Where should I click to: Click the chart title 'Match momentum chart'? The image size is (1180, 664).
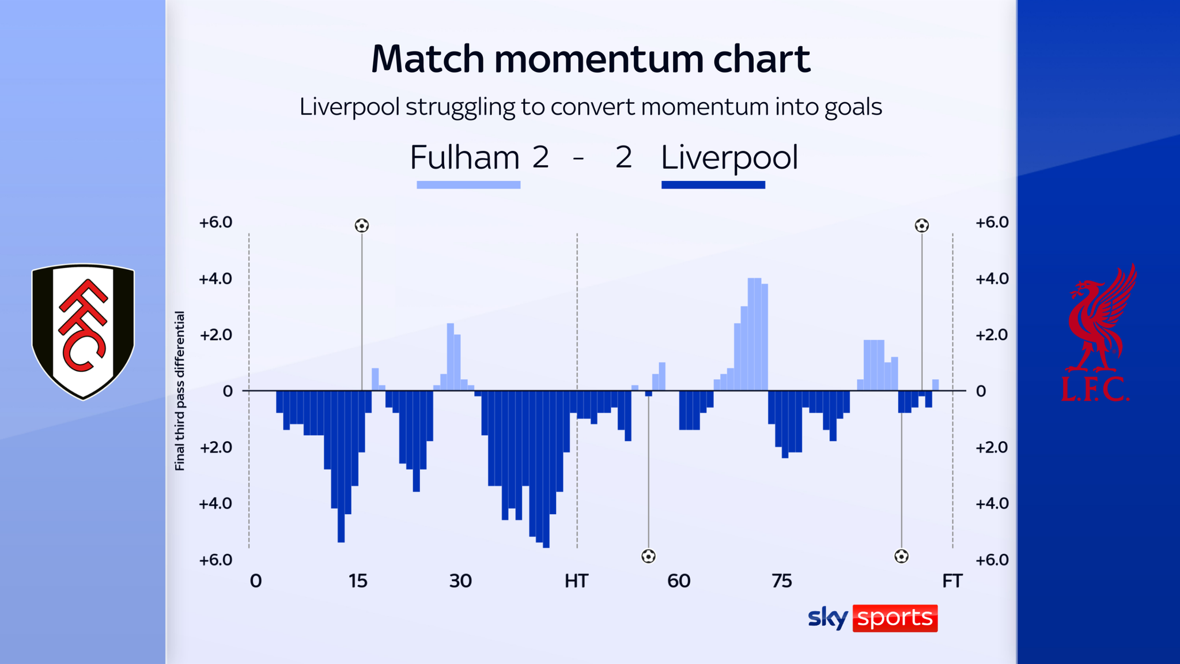tap(590, 59)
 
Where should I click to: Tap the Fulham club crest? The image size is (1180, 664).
tap(83, 331)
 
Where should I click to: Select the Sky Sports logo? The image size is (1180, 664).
tap(872, 618)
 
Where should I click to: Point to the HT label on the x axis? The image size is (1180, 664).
tap(576, 581)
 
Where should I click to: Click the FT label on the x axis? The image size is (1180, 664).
tap(952, 581)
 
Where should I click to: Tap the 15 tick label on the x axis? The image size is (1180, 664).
tap(357, 581)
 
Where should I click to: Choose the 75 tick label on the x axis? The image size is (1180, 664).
tap(781, 581)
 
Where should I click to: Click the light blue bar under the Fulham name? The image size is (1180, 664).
tap(468, 185)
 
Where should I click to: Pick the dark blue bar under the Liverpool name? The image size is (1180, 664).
tap(713, 185)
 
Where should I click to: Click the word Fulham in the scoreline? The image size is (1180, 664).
tap(464, 157)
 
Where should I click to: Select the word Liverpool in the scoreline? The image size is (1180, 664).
tap(729, 157)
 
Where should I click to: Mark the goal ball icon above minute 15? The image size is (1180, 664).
tap(362, 225)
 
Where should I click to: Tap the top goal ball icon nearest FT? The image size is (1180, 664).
tap(922, 225)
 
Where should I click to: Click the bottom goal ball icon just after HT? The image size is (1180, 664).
tap(648, 556)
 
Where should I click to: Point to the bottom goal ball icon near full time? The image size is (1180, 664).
tap(901, 556)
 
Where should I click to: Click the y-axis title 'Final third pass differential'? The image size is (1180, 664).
tap(180, 391)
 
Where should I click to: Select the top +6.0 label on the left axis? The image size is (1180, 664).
tap(215, 222)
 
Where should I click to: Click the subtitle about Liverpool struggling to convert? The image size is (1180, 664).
tap(590, 107)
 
